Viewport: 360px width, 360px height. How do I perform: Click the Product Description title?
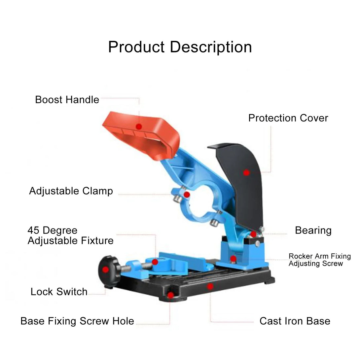click(180, 48)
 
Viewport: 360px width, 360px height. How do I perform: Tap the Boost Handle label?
click(67, 100)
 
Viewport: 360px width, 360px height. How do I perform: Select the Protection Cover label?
click(288, 118)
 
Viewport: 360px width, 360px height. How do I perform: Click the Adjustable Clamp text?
click(71, 191)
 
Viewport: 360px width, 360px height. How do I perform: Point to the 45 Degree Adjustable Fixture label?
click(70, 235)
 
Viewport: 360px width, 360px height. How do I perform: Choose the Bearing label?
click(313, 231)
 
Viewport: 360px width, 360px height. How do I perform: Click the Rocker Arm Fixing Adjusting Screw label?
click(320, 260)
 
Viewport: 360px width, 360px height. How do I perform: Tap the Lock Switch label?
click(59, 292)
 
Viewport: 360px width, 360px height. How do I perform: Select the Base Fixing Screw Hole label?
click(77, 321)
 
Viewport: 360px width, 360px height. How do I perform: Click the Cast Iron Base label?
click(295, 321)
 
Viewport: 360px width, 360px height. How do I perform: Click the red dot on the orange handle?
click(139, 126)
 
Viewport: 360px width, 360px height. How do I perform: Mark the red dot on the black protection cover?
click(246, 173)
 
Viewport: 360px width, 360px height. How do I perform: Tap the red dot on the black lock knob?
click(105, 270)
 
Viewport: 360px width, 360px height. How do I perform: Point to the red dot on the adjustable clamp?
click(187, 195)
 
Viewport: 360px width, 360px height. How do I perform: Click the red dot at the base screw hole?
click(170, 295)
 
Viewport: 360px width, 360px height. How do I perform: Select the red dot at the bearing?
click(253, 234)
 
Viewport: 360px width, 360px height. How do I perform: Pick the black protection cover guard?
click(239, 184)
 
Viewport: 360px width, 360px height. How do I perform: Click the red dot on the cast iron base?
click(210, 286)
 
